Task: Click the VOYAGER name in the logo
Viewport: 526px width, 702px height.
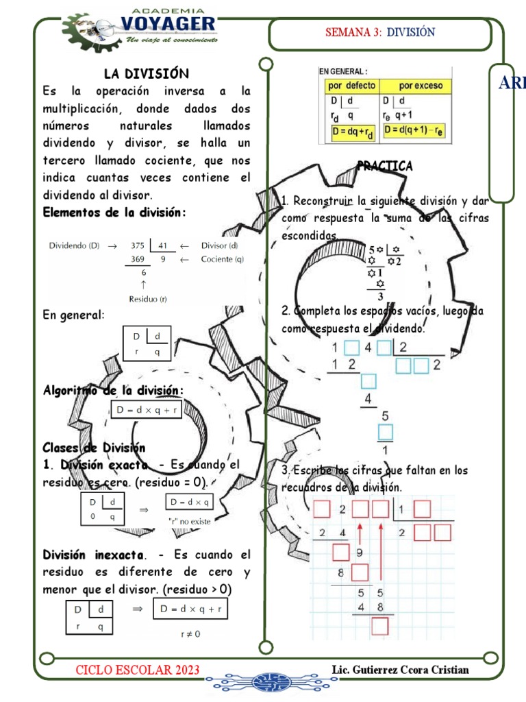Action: pos(168,25)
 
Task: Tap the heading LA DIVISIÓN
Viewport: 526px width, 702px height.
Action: pos(147,73)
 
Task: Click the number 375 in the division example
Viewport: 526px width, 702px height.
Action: pos(138,246)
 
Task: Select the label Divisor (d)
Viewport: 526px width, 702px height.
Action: pos(220,246)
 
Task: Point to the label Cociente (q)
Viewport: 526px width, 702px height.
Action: pos(222,260)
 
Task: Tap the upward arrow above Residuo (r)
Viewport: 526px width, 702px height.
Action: pos(143,284)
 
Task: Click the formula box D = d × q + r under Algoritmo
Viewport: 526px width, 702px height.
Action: pos(148,410)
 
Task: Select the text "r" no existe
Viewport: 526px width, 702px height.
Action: pos(190,521)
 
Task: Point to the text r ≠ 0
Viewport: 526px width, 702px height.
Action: pos(190,634)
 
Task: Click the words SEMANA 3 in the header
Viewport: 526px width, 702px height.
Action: pos(353,33)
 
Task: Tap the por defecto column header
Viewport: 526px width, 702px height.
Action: pos(351,86)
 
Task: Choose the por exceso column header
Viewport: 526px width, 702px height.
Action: pos(421,86)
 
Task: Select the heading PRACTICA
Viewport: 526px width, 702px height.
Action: pos(385,166)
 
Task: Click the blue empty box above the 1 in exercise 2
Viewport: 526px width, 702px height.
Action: pos(386,433)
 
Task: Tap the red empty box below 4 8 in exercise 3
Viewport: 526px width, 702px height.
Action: pos(379,625)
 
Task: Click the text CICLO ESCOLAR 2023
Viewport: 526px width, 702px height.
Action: pos(138,669)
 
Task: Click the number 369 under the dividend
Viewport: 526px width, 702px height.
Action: pos(138,260)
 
